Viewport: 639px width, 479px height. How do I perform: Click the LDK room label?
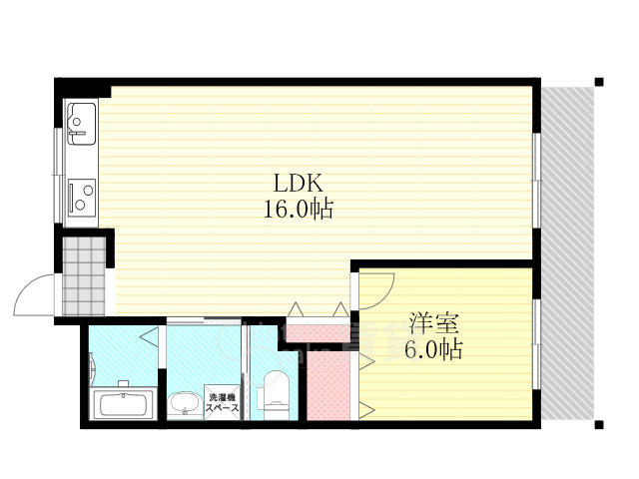(299, 183)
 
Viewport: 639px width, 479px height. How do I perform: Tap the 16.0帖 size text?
(299, 209)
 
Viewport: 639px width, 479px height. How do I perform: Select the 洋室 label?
(434, 323)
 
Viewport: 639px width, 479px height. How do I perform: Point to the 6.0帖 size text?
(433, 349)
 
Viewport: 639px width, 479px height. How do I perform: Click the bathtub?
(123, 405)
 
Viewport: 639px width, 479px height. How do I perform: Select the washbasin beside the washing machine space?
(185, 404)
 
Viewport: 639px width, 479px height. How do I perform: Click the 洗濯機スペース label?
(223, 402)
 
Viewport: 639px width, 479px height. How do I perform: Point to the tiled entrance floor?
(84, 275)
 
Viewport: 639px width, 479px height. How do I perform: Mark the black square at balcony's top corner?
(599, 82)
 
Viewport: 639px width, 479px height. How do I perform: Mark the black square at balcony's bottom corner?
(599, 425)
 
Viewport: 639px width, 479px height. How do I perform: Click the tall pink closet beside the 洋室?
(328, 385)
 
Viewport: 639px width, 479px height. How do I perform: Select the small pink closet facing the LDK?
(318, 332)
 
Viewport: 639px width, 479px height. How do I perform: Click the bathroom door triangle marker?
(149, 336)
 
